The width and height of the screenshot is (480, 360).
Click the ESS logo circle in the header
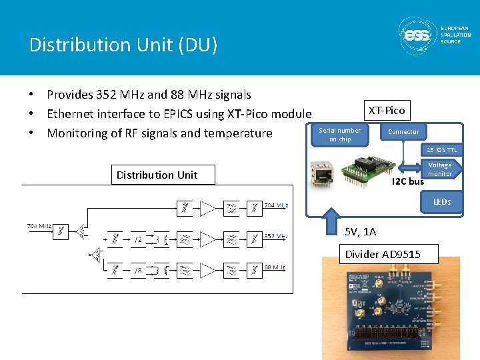[x=418, y=36]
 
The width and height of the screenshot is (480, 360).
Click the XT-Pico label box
[x=386, y=110]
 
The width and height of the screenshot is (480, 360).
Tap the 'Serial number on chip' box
[x=340, y=135]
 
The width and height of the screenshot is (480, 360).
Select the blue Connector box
[x=403, y=132]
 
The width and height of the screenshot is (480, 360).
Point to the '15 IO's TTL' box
[x=442, y=150]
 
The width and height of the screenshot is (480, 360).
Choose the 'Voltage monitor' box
[x=439, y=169]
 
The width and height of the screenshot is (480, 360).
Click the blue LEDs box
[x=441, y=201]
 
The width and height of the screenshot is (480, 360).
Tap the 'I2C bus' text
[x=407, y=181]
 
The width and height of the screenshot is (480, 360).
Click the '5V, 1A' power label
[x=360, y=231]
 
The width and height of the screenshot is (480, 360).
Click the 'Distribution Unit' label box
[x=157, y=175]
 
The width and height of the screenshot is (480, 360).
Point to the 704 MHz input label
[x=38, y=226]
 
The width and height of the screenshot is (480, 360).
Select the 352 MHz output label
[x=277, y=236]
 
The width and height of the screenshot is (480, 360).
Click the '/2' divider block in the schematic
[x=138, y=238]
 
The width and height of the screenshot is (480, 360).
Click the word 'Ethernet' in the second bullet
[x=73, y=114]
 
